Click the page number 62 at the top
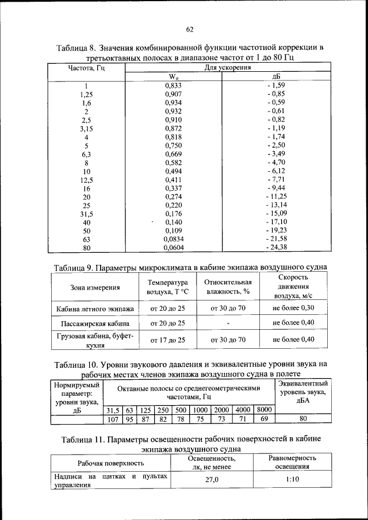[x=189, y=29]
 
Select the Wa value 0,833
[x=174, y=86]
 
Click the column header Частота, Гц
[x=86, y=68]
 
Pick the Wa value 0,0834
[x=174, y=238]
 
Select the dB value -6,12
[x=276, y=171]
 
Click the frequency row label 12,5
[x=86, y=180]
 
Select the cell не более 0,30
[x=293, y=308]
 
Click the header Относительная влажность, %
[x=228, y=287]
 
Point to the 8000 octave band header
[x=263, y=410]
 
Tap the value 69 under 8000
[x=264, y=419]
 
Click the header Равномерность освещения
[x=293, y=463]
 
